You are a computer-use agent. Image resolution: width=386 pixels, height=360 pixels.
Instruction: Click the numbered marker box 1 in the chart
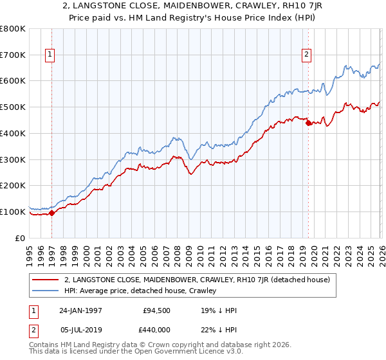pyautogui.click(x=50, y=55)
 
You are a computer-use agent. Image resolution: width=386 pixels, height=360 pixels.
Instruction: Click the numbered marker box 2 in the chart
pyautogui.click(x=307, y=55)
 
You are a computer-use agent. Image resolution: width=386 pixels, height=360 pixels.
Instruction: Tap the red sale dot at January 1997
pyautogui.click(x=52, y=213)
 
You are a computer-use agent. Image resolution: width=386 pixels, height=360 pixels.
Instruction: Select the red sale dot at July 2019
pyautogui.click(x=308, y=122)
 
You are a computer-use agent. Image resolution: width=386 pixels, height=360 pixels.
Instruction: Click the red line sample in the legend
pyautogui.click(x=46, y=280)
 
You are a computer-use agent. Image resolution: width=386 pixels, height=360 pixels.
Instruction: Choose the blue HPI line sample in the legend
pyautogui.click(x=46, y=291)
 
